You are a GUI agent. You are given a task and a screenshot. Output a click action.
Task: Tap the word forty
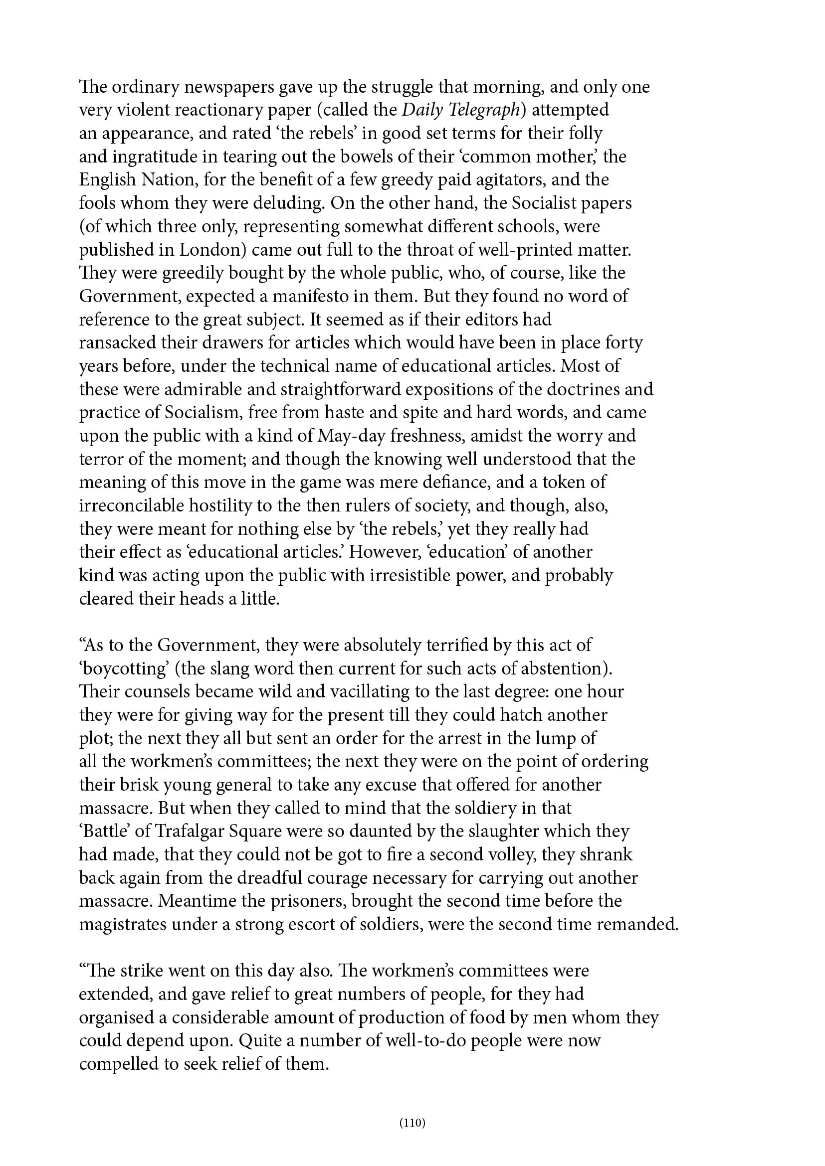coord(624,343)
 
